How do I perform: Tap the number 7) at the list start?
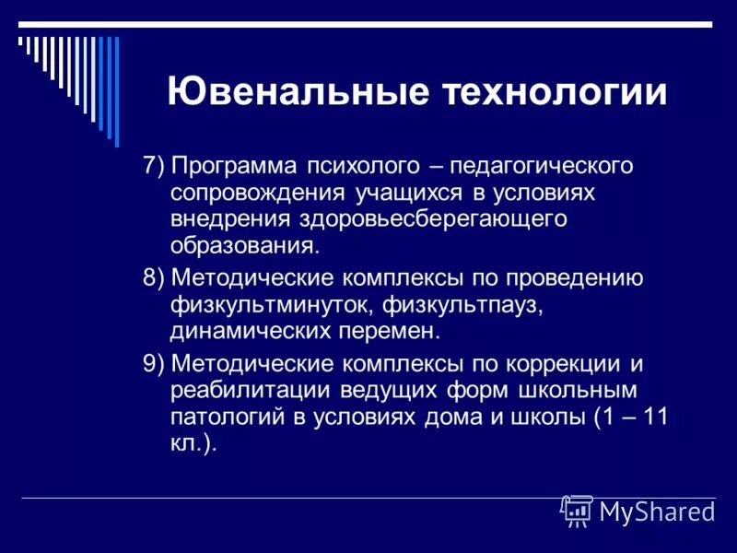click(x=153, y=166)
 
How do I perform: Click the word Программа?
click(x=236, y=166)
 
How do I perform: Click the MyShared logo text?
click(x=656, y=512)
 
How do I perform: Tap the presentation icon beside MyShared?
click(x=577, y=510)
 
